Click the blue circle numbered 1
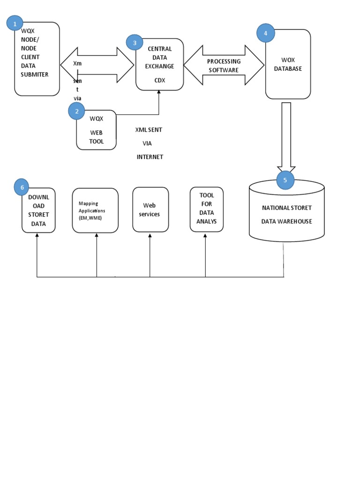pyautogui.click(x=15, y=23)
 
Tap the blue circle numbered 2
pyautogui.click(x=77, y=112)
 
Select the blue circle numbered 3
pyautogui.click(x=135, y=43)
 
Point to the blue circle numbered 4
pyautogui.click(x=266, y=33)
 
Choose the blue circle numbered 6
pyautogui.click(x=22, y=187)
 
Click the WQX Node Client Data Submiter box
pyautogui.click(x=37, y=59)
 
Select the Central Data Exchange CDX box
pyautogui.click(x=159, y=64)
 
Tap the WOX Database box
pyautogui.click(x=288, y=64)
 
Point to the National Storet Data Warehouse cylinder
pyautogui.click(x=286, y=213)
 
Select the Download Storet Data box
pyautogui.click(x=38, y=210)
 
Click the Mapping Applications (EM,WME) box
pyautogui.click(x=95, y=210)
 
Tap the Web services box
pyautogui.click(x=151, y=210)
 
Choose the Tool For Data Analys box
pyautogui.click(x=206, y=209)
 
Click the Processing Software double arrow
pyautogui.click(x=224, y=66)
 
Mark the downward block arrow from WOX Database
pyautogui.click(x=286, y=136)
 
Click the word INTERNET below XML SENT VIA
pyautogui.click(x=150, y=157)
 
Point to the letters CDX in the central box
pyautogui.click(x=159, y=80)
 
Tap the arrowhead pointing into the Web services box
pyautogui.click(x=150, y=235)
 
